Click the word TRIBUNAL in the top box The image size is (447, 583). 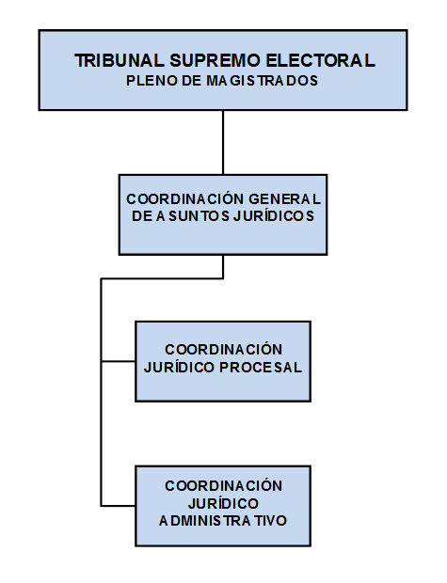pyautogui.click(x=120, y=60)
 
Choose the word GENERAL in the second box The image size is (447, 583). pyautogui.click(x=284, y=199)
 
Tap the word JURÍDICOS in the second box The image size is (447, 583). pyautogui.click(x=274, y=215)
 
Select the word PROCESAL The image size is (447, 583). pyautogui.click(x=261, y=368)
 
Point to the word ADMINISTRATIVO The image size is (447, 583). pyautogui.click(x=223, y=521)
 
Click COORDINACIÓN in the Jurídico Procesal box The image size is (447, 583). pyautogui.click(x=223, y=349)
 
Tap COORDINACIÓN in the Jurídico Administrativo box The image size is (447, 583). pyautogui.click(x=223, y=485)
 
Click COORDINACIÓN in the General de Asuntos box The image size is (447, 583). pyautogui.click(x=185, y=199)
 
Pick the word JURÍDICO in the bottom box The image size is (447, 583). pyautogui.click(x=223, y=503)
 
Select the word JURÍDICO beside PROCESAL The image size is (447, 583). pyautogui.click(x=180, y=367)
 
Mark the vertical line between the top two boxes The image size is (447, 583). pyautogui.click(x=223, y=142)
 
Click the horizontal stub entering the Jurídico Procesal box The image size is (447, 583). pyautogui.click(x=119, y=361)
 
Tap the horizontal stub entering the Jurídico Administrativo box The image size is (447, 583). pyautogui.click(x=119, y=506)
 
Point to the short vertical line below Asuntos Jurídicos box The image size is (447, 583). pyautogui.click(x=223, y=267)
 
